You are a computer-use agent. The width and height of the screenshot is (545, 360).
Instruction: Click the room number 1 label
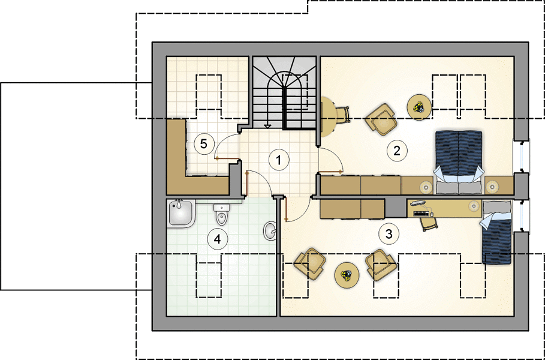coord(278,160)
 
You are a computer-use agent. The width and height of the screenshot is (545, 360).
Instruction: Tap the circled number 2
coord(397,150)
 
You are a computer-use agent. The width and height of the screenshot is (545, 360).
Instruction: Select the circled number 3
coord(389,234)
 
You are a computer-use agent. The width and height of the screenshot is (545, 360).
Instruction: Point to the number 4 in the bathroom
coord(217,239)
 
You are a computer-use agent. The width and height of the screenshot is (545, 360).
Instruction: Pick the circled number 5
coord(204,144)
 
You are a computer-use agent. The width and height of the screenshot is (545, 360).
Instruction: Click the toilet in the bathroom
coord(221,215)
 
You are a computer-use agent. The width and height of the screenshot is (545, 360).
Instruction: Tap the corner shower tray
coord(180,214)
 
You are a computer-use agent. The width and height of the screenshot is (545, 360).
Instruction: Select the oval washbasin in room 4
coord(270,230)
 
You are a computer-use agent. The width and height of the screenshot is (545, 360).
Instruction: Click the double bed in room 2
coord(459,162)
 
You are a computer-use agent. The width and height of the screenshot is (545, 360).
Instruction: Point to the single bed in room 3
coord(496,232)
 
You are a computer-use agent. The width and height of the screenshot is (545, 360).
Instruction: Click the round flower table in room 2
coord(420,107)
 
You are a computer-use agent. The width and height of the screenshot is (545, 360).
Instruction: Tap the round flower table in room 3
coord(347,275)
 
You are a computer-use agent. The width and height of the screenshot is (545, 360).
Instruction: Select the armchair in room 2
coord(381,119)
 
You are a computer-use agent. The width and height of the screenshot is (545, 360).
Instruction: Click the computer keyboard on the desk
coord(422,214)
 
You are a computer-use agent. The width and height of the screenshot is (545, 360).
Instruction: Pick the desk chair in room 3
coord(429,224)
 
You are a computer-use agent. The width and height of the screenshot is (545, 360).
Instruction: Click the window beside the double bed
coord(522,157)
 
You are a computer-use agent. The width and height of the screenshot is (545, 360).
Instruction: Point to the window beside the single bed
coord(522,215)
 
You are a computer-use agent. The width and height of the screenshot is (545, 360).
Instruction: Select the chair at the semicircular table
coord(342,115)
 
